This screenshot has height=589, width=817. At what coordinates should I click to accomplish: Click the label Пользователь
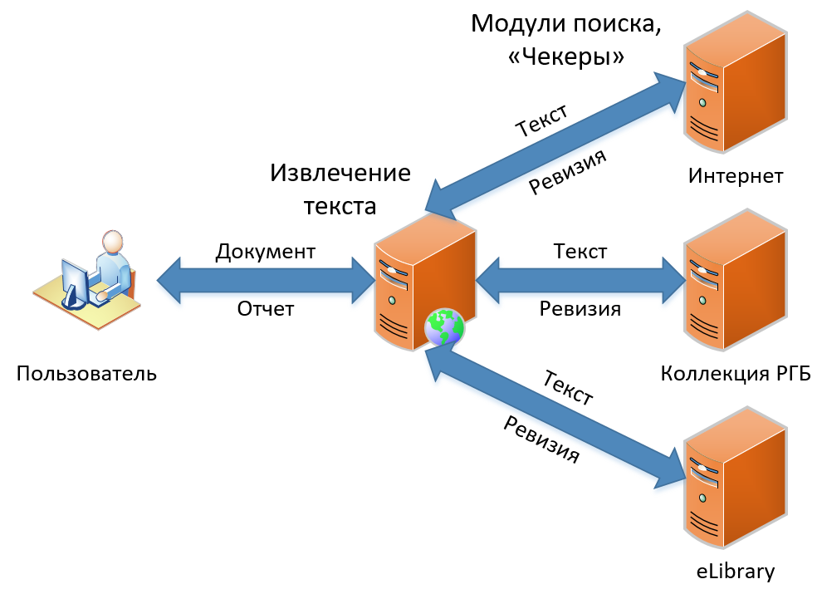86,373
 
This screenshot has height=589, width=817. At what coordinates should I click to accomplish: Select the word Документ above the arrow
265,252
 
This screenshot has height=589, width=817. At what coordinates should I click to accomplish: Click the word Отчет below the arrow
266,309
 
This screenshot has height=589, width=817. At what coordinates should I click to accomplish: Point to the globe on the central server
444,327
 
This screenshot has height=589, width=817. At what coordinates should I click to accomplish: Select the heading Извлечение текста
340,189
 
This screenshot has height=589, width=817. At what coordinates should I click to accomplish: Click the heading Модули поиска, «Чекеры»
565,38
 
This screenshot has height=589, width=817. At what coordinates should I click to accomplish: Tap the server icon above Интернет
735,83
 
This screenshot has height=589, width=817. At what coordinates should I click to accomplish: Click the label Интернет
736,176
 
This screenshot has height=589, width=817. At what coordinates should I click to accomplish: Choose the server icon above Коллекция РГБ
735,278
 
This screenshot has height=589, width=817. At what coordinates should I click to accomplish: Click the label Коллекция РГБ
735,373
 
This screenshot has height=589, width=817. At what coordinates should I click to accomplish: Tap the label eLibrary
735,571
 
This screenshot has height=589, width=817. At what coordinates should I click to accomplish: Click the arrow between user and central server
266,281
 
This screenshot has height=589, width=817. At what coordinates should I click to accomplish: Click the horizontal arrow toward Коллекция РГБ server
580,280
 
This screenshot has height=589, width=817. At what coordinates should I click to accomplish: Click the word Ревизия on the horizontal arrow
580,309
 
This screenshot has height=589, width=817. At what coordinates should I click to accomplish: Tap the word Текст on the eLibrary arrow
567,387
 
